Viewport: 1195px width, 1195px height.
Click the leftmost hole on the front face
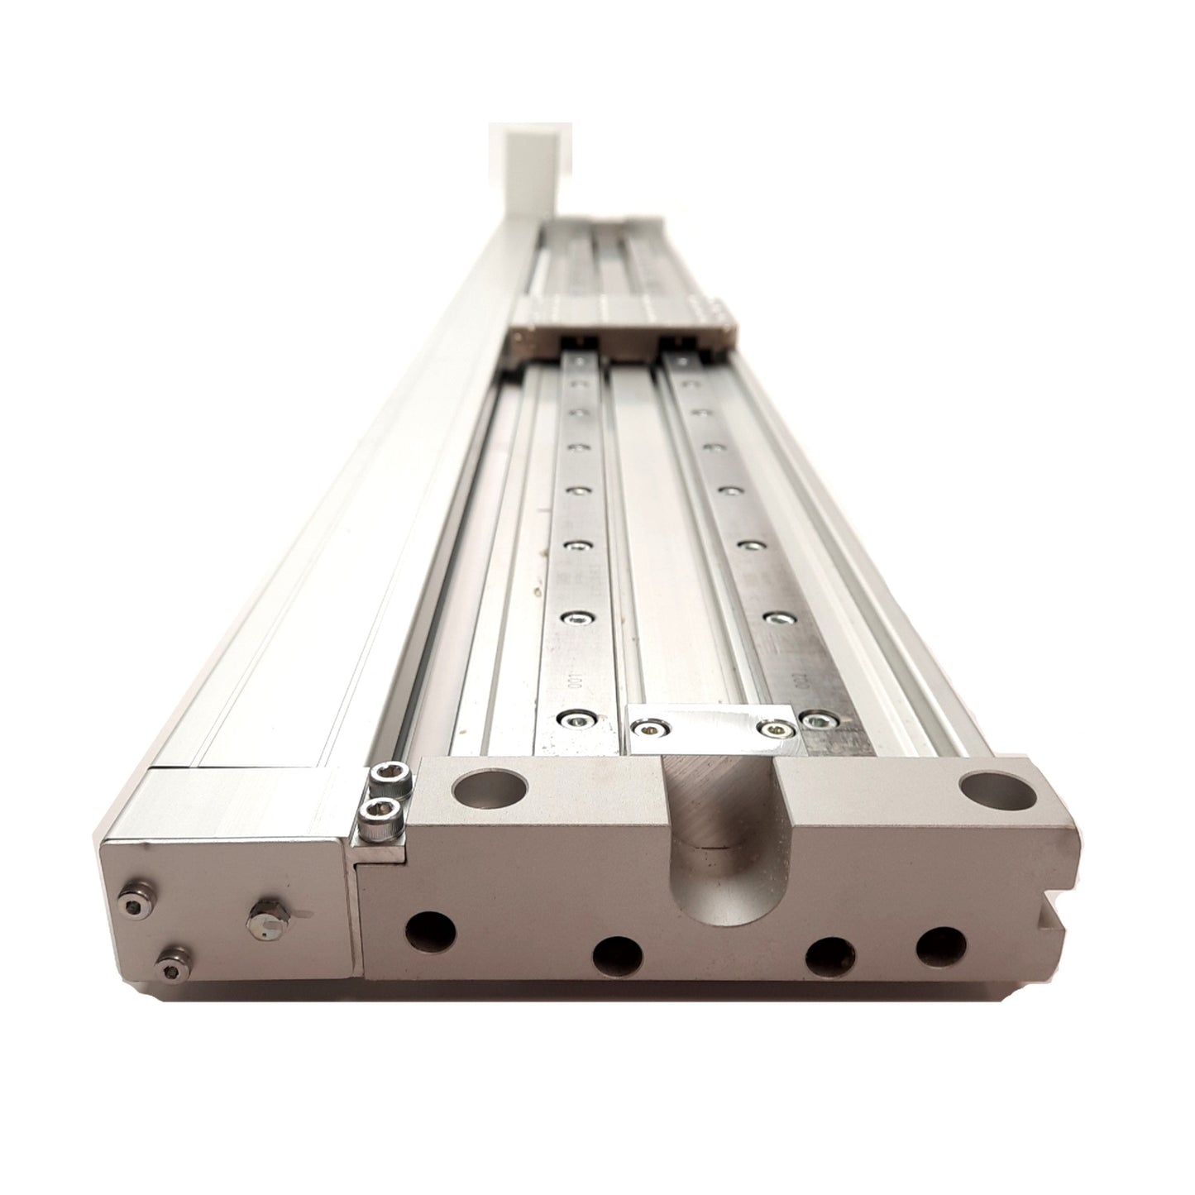pyautogui.click(x=432, y=931)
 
